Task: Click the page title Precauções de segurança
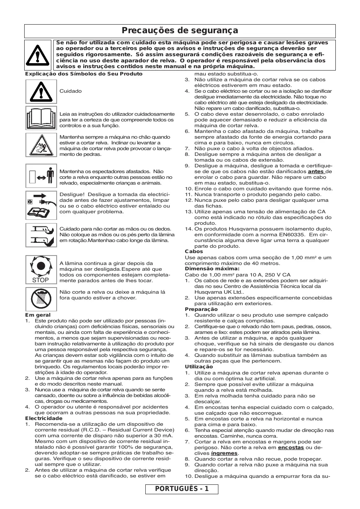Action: click(x=180, y=31)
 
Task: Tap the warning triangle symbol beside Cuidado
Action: click(x=41, y=91)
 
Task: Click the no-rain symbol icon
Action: click(x=41, y=299)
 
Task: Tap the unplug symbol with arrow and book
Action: click(x=41, y=203)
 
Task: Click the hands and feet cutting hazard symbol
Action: click(x=41, y=235)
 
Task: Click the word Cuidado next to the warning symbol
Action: click(x=71, y=91)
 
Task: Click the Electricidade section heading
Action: click(x=44, y=418)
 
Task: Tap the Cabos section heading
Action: click(x=194, y=251)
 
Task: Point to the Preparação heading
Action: click(x=201, y=309)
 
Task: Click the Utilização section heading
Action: click(x=199, y=366)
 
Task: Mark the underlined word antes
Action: click(x=316, y=171)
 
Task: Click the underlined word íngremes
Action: click(x=224, y=453)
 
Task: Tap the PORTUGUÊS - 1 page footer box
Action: click(x=182, y=489)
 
